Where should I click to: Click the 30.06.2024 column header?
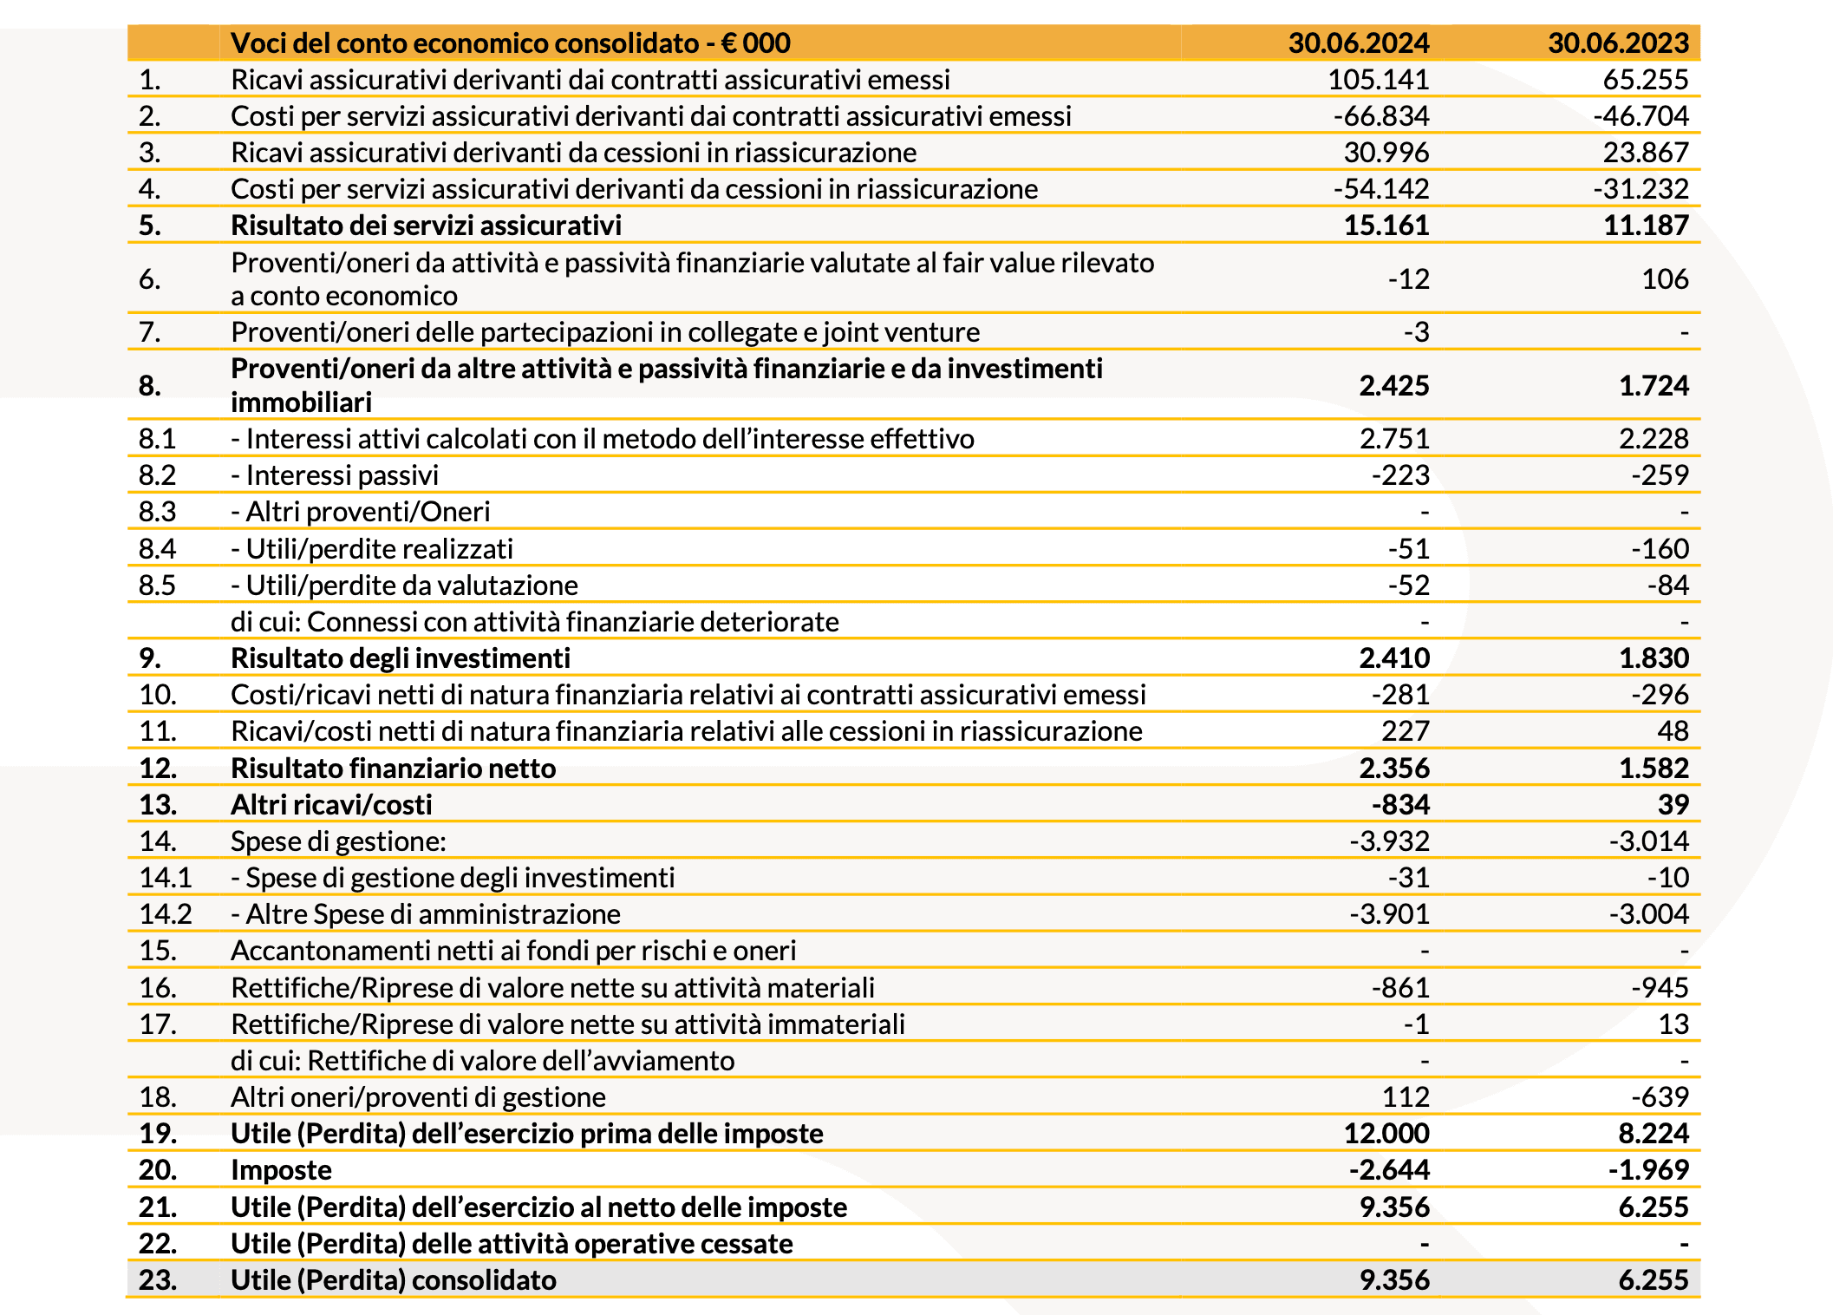click(1358, 43)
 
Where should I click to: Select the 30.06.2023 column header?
click(1618, 43)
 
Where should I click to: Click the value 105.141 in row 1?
click(1378, 80)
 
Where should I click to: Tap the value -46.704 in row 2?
click(1641, 116)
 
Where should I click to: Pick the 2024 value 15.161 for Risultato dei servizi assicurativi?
click(1386, 226)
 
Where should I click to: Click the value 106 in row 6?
click(1665, 279)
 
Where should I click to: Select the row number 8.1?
click(157, 439)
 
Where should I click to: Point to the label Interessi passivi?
click(342, 475)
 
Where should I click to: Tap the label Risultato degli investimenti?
click(400, 658)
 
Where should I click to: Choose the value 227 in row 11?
click(1405, 731)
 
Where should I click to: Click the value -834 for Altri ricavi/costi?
click(1400, 805)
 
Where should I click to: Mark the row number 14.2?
click(166, 914)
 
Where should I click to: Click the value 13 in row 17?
click(1673, 1024)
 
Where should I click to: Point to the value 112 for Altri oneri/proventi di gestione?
click(1405, 1097)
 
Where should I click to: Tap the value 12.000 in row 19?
click(1386, 1134)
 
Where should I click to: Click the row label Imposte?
click(281, 1170)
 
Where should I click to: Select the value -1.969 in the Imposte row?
click(1648, 1170)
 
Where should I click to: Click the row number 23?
click(157, 1280)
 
